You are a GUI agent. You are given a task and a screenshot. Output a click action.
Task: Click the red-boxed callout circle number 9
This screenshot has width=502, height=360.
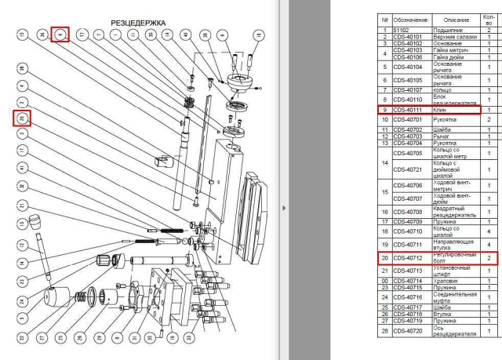[x=60, y=35]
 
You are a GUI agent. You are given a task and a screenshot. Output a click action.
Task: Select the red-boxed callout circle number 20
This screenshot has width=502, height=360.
[x=23, y=119]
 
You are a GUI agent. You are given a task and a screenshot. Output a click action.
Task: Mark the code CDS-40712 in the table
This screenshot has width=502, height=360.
[x=409, y=257]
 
